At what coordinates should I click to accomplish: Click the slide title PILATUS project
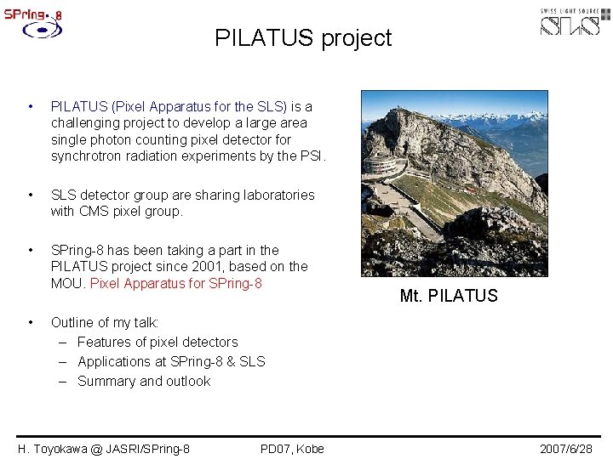click(303, 38)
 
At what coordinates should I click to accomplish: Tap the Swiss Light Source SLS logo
click(575, 22)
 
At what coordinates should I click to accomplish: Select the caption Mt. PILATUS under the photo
click(448, 296)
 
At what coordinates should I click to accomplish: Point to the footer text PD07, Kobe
click(292, 448)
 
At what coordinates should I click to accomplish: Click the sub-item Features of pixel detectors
click(158, 342)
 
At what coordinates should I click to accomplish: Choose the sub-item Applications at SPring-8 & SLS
click(171, 361)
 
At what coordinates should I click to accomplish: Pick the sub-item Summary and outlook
click(144, 381)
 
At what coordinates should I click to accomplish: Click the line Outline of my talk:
click(105, 322)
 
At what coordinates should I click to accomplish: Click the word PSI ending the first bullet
click(312, 156)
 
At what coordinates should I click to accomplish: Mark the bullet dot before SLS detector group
click(31, 195)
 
